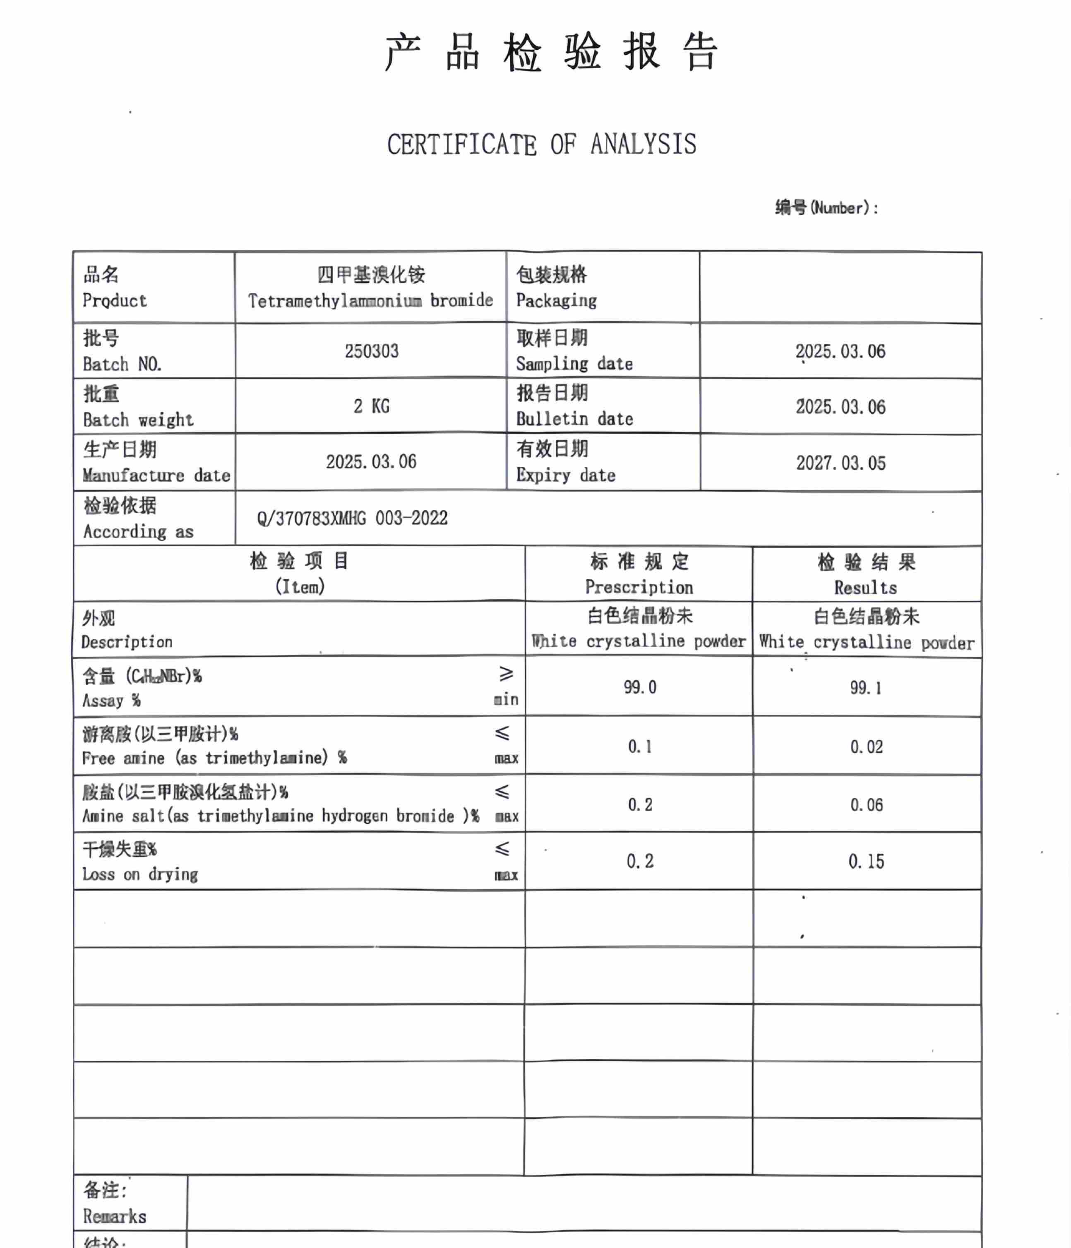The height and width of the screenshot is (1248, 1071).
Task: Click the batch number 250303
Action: pos(371,351)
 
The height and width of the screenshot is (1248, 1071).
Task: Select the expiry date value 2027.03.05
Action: pos(840,463)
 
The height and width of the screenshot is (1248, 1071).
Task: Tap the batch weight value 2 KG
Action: pos(371,407)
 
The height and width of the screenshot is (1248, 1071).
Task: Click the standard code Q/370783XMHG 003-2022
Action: pos(353,518)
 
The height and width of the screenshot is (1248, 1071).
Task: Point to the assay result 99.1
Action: pos(866,688)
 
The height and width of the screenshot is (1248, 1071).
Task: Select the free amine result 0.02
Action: pos(866,747)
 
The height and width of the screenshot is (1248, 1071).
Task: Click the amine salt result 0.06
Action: pos(866,805)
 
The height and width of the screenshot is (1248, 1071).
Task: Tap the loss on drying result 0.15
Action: pos(866,862)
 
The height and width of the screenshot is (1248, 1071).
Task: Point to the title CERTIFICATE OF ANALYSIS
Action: pos(542,144)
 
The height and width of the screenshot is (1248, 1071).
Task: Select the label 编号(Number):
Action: pos(826,208)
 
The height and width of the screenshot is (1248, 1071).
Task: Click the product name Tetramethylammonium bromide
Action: pos(370,300)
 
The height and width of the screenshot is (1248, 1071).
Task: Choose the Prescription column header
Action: pos(639,587)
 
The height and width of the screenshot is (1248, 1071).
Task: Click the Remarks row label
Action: pos(115,1216)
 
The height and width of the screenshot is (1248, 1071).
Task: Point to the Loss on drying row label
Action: pos(140,874)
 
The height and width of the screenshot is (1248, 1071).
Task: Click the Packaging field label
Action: pos(556,300)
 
